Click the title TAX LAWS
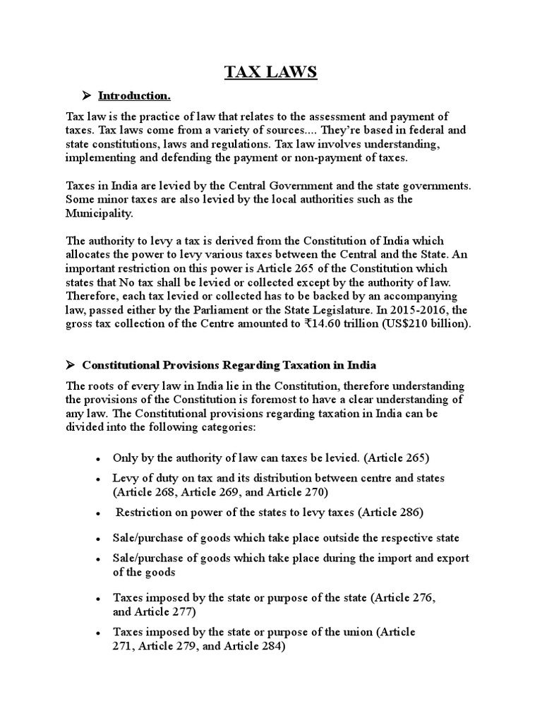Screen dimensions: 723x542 click(x=271, y=71)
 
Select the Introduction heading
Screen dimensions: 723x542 click(x=134, y=95)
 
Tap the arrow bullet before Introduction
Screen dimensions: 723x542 click(x=88, y=95)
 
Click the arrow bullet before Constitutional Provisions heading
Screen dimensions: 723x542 click(x=71, y=365)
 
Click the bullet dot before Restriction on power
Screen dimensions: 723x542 click(x=97, y=513)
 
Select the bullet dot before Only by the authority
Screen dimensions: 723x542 click(x=97, y=459)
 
